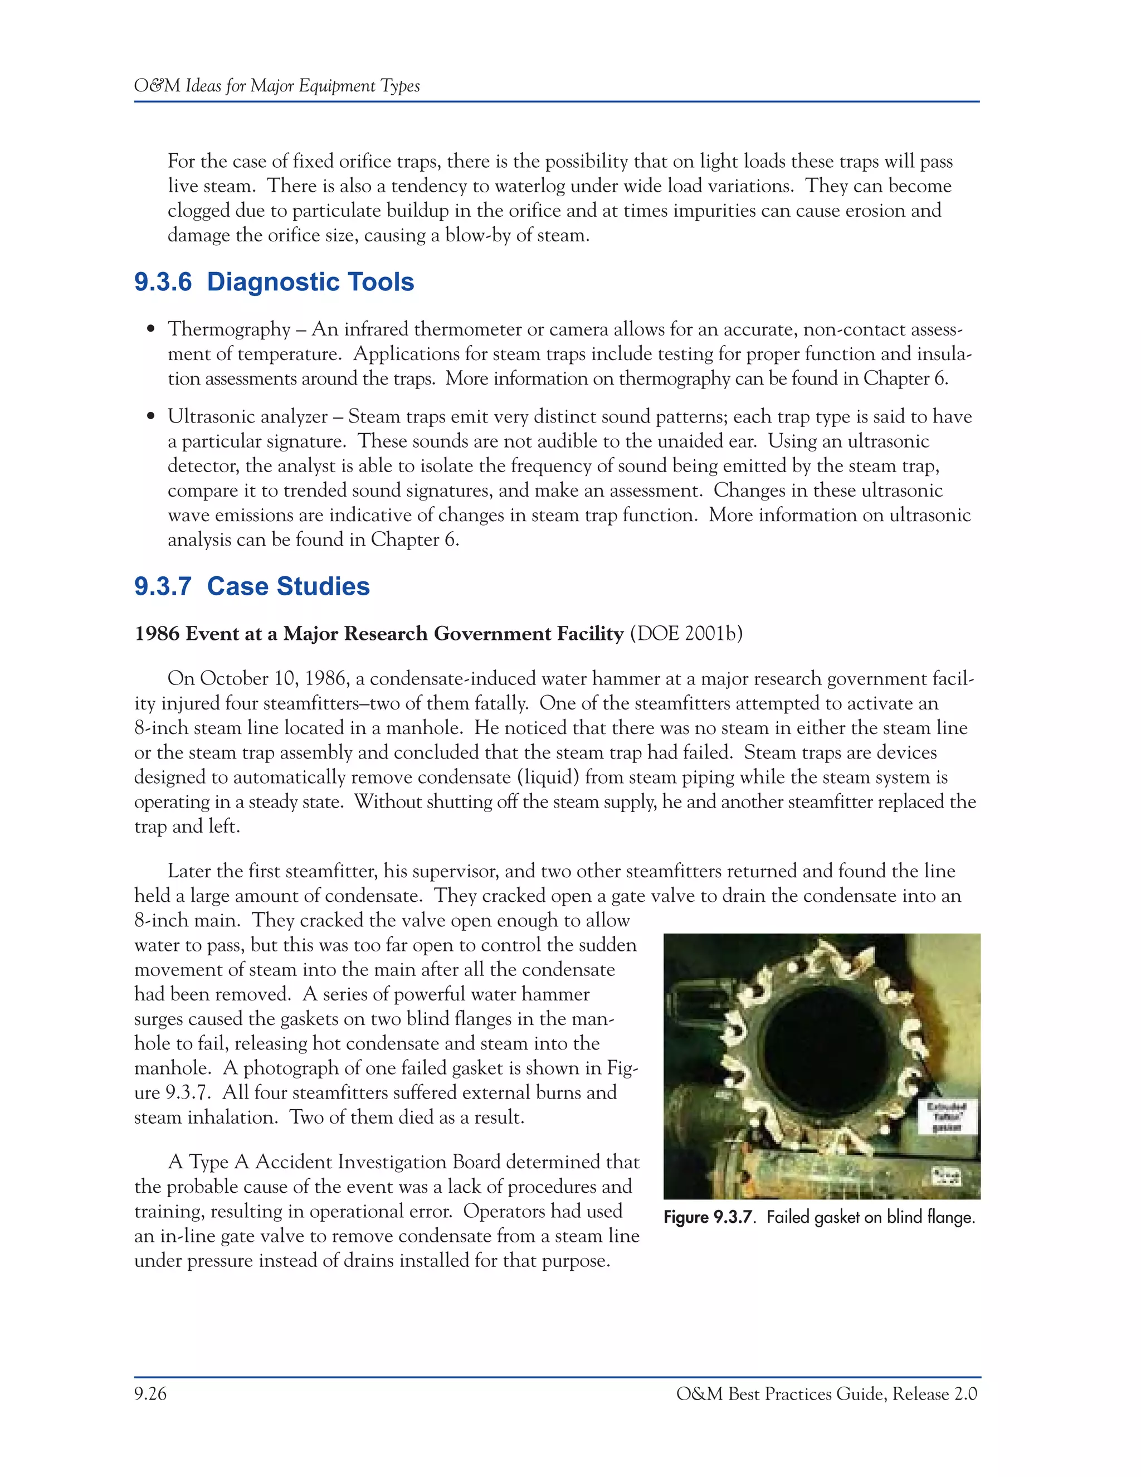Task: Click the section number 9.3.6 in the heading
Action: [163, 282]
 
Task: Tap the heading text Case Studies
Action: [288, 586]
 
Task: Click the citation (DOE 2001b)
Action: [685, 634]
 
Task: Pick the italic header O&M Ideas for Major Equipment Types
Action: [277, 86]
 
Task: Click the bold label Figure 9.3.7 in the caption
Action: [708, 1217]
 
